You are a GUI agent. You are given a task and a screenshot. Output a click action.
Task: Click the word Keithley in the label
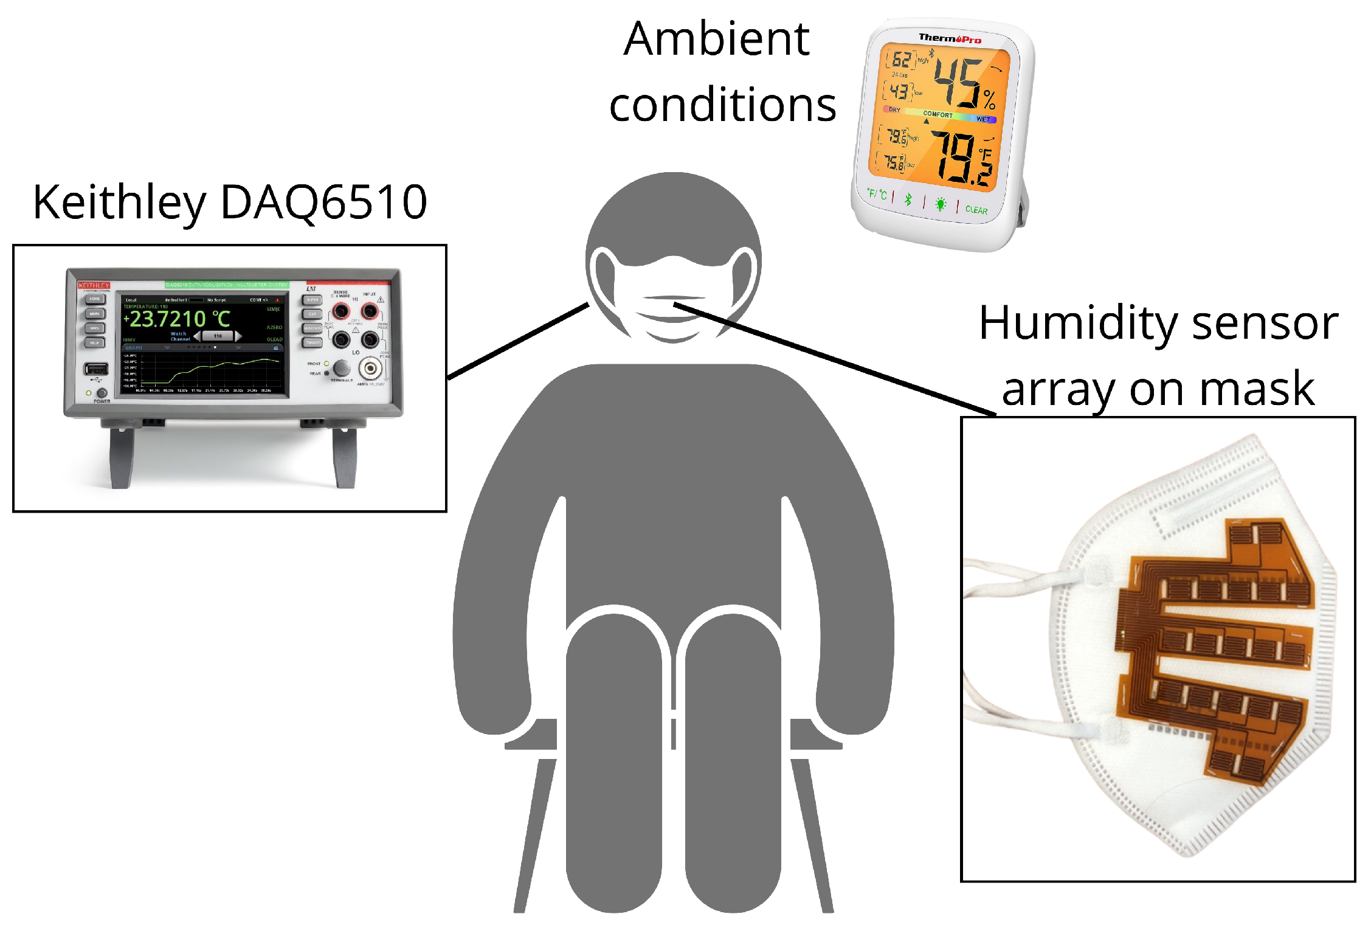pyautogui.click(x=119, y=203)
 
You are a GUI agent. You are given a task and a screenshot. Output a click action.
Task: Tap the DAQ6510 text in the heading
pyautogui.click(x=323, y=203)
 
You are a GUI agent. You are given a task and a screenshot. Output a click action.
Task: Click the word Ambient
pyautogui.click(x=716, y=40)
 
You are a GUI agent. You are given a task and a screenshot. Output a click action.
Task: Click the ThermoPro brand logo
pyautogui.click(x=950, y=38)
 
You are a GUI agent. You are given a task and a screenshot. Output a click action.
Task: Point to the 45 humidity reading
pyautogui.click(x=958, y=82)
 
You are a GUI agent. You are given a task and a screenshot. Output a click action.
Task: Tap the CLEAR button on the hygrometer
pyautogui.click(x=976, y=210)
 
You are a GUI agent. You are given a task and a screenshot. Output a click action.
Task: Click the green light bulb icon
pyautogui.click(x=941, y=204)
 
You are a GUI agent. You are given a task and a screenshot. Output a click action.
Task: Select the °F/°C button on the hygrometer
pyautogui.click(x=877, y=195)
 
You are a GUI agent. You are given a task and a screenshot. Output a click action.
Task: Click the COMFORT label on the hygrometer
pyautogui.click(x=938, y=114)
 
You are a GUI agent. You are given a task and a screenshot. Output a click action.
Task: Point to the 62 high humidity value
pyautogui.click(x=901, y=60)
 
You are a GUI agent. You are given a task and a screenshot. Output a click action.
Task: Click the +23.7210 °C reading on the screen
pyautogui.click(x=176, y=319)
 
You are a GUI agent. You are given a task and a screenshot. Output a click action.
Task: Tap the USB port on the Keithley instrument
pyautogui.click(x=96, y=369)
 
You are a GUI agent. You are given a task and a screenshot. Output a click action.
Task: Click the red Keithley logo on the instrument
pyautogui.click(x=94, y=285)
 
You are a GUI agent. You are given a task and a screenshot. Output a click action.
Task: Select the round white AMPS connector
pyautogui.click(x=370, y=368)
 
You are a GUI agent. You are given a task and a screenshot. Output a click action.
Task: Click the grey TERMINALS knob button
pyautogui.click(x=342, y=367)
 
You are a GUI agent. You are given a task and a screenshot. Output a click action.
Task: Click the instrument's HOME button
pyautogui.click(x=95, y=299)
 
